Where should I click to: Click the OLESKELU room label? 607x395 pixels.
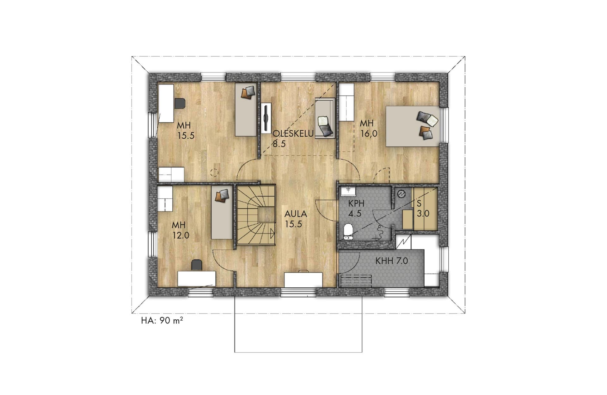293,134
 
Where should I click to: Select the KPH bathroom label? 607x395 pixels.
356,203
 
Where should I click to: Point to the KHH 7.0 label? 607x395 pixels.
392,261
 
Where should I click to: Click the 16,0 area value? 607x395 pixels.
369,134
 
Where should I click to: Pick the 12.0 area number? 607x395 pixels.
181,235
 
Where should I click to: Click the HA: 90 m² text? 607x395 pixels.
162,321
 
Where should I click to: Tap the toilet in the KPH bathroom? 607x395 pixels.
348,231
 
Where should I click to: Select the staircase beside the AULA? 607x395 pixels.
256,215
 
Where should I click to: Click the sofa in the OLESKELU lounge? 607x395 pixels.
325,118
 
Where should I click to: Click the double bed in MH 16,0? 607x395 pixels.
412,126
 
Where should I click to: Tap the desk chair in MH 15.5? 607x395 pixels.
180,103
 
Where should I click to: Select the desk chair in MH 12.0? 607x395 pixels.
197,265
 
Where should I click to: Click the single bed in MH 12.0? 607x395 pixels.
222,212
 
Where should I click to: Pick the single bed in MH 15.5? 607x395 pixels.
246,110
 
